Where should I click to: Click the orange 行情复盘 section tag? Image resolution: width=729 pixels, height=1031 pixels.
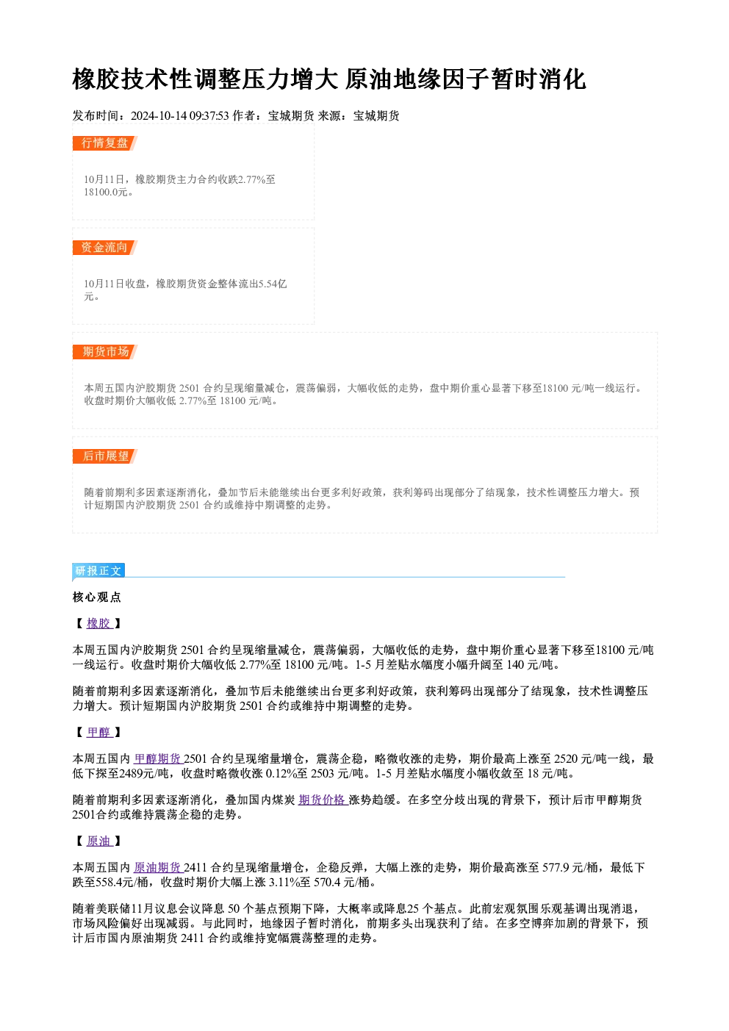104,143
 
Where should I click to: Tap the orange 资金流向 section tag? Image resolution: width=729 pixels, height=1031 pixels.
104,248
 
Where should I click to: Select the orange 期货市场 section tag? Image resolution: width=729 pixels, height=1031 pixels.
104,352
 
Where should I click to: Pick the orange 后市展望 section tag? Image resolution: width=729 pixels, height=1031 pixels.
104,456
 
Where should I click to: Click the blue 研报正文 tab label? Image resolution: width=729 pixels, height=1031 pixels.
98,571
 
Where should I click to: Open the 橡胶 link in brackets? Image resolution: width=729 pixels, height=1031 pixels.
99,624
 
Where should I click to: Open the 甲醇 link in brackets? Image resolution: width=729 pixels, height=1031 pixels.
99,733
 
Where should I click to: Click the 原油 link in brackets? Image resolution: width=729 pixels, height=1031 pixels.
99,841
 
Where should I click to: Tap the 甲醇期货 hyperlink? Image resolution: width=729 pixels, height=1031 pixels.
158,759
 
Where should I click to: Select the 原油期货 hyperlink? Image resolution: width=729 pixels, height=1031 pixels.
158,868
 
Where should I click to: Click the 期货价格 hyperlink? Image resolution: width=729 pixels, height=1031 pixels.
322,800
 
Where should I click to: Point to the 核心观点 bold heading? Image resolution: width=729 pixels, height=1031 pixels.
97,597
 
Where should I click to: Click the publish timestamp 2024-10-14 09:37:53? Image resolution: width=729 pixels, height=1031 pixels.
180,116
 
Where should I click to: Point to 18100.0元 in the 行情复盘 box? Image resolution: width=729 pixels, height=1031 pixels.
106,193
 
